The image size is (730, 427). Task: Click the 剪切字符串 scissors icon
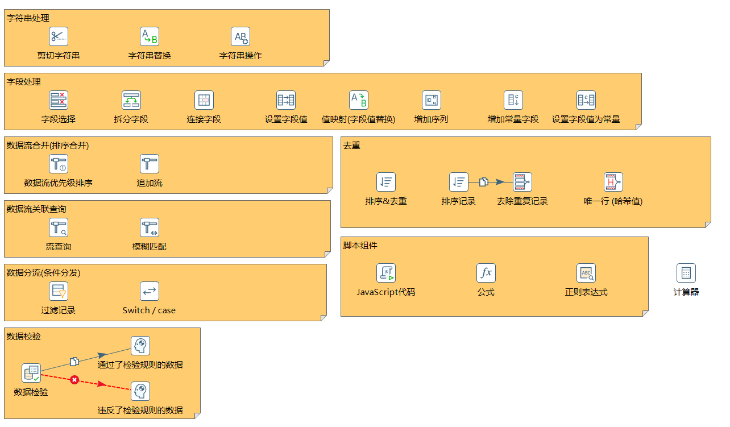(x=59, y=36)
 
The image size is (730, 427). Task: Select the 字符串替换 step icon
(x=150, y=36)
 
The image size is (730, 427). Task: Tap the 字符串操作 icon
(x=240, y=36)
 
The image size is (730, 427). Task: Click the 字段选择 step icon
(x=59, y=100)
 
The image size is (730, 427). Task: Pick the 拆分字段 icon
(x=131, y=100)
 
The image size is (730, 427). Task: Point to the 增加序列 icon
(x=432, y=100)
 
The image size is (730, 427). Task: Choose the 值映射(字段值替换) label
(x=358, y=119)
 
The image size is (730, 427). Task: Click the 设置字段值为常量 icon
(x=586, y=100)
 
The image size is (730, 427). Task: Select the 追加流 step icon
(x=150, y=164)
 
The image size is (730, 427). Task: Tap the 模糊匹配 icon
(x=150, y=227)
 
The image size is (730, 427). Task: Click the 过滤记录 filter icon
(x=59, y=291)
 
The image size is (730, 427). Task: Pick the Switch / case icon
(x=150, y=291)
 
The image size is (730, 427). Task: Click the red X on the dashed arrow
(x=74, y=379)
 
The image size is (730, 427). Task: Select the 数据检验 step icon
(x=31, y=373)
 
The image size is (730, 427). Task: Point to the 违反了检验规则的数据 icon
(x=140, y=391)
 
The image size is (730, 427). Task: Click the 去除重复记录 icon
(x=522, y=182)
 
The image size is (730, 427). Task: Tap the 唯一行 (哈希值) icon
(x=613, y=182)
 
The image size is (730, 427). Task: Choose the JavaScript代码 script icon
(x=386, y=273)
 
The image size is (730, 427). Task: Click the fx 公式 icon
(x=486, y=273)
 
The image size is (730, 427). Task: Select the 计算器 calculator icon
(x=686, y=273)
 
